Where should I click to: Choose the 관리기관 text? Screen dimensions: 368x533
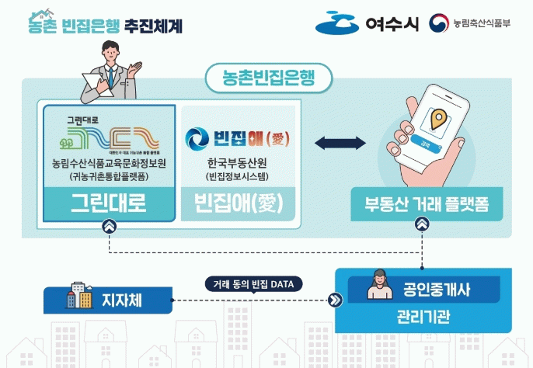pyautogui.click(x=423, y=318)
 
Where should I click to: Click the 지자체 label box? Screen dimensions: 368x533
pyautogui.click(x=106, y=298)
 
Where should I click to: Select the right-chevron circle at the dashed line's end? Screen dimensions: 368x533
pyautogui.click(x=335, y=300)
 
